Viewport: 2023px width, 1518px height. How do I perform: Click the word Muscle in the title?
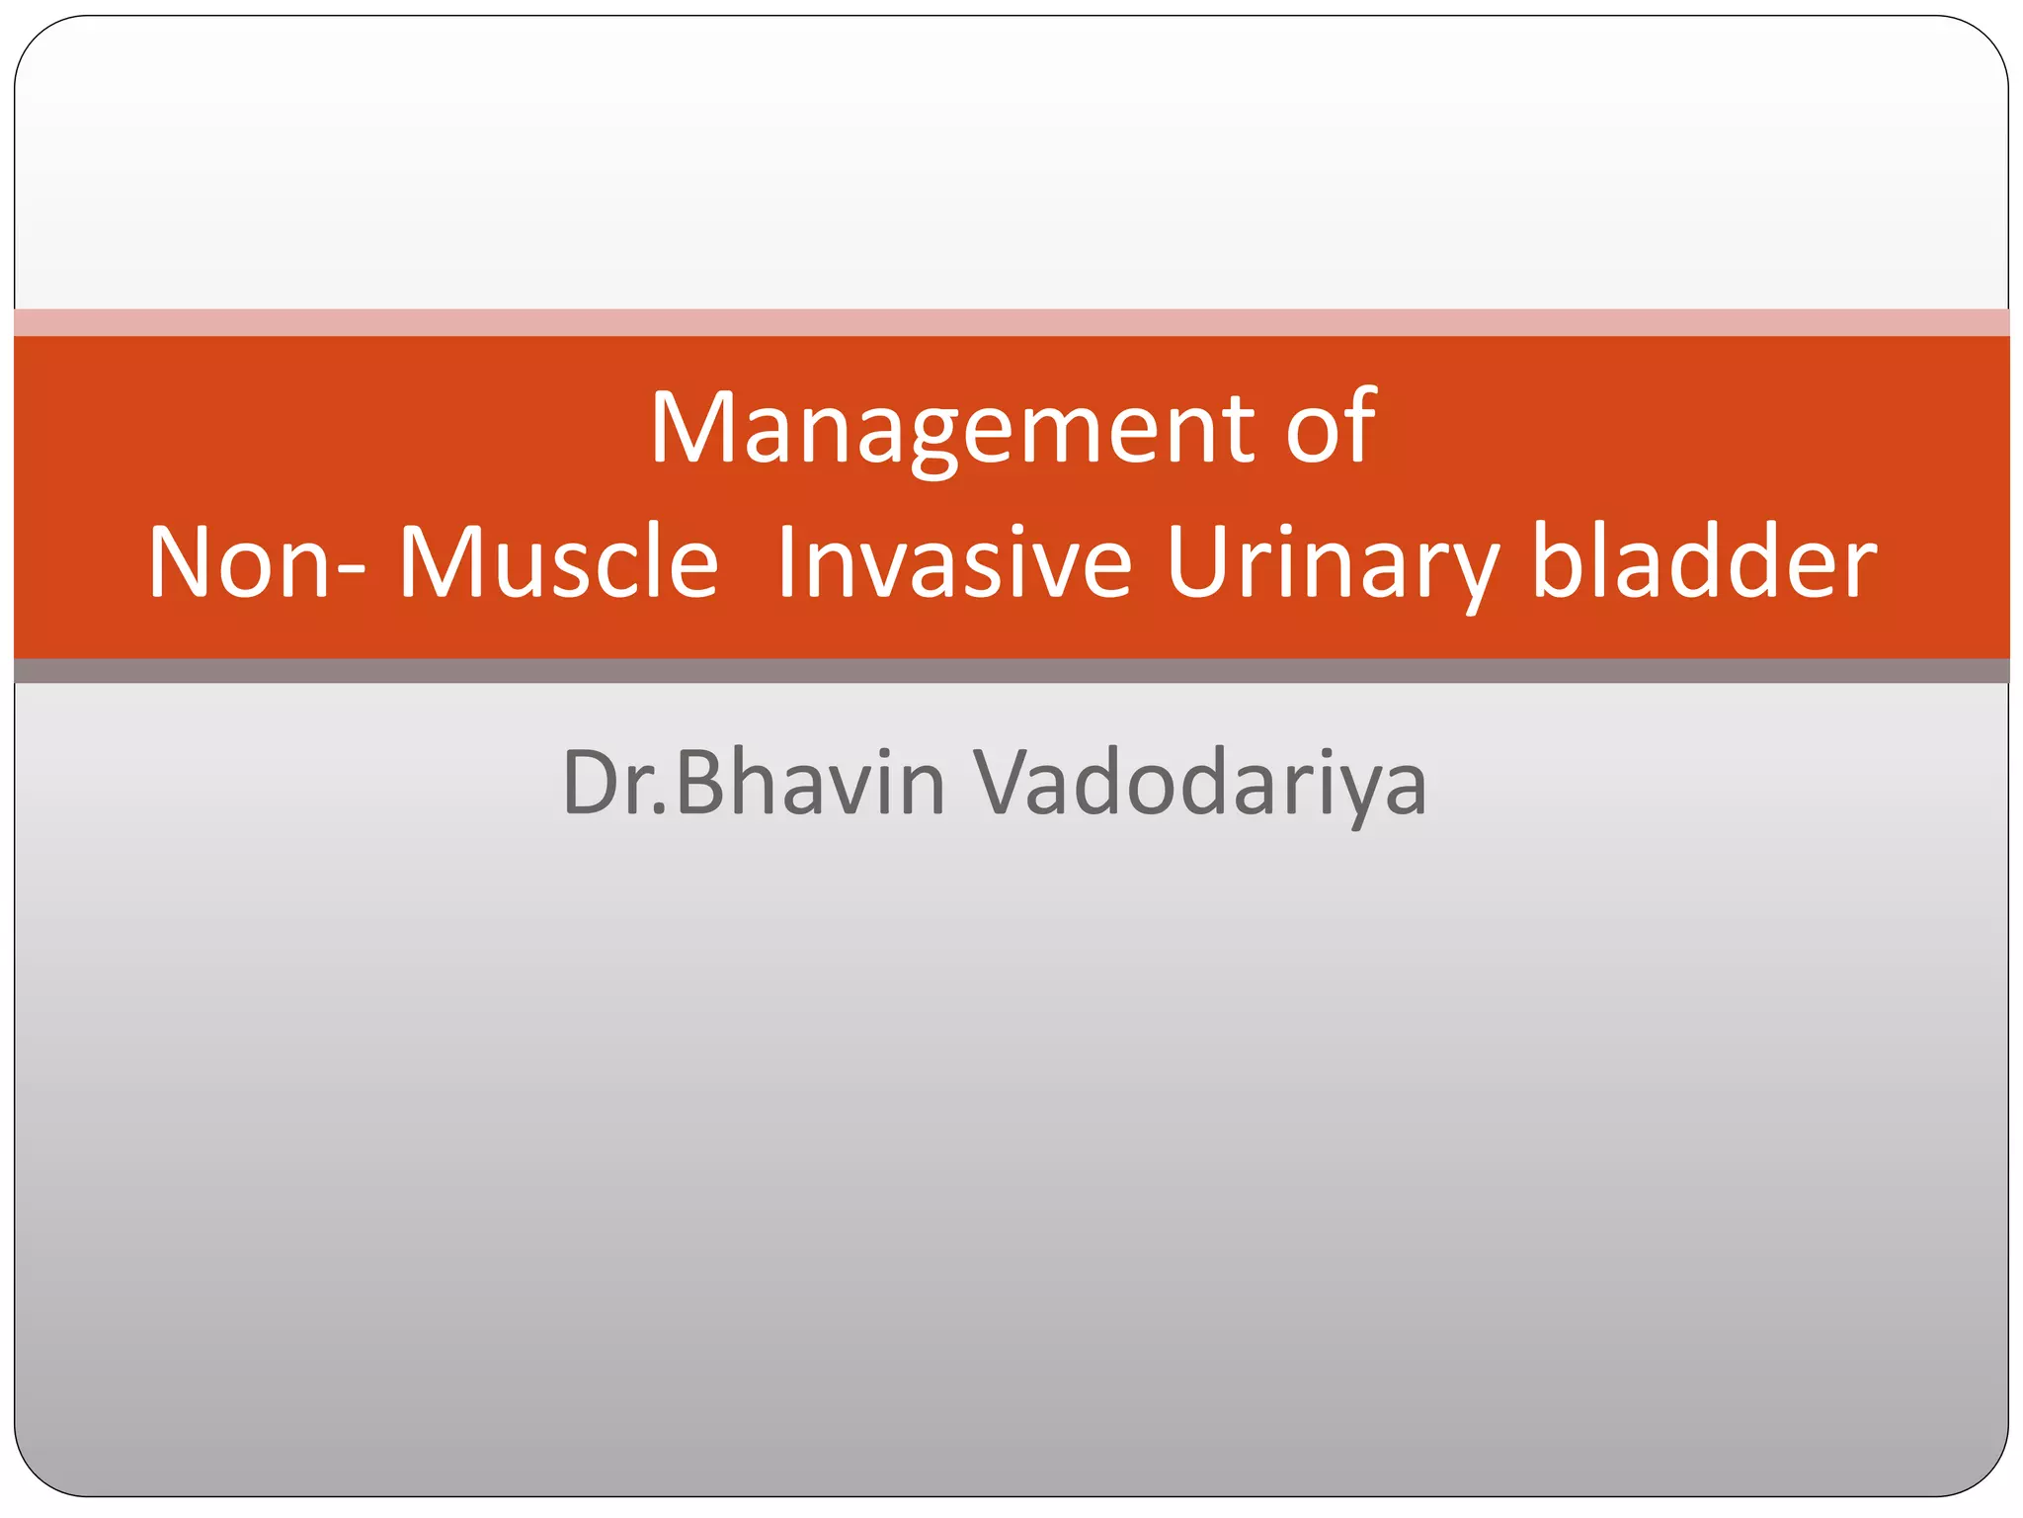click(558, 563)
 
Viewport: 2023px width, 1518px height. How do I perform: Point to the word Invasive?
click(953, 563)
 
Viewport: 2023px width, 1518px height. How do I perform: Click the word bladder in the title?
click(1704, 563)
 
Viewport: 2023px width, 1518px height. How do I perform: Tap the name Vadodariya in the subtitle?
click(1199, 784)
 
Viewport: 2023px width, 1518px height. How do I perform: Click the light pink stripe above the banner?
click(1011, 322)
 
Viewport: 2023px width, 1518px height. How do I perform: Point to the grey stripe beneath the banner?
click(1011, 671)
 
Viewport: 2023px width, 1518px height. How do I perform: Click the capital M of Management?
click(693, 430)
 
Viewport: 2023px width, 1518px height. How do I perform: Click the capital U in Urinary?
click(1196, 563)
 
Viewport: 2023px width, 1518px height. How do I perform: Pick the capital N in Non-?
click(180, 563)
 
